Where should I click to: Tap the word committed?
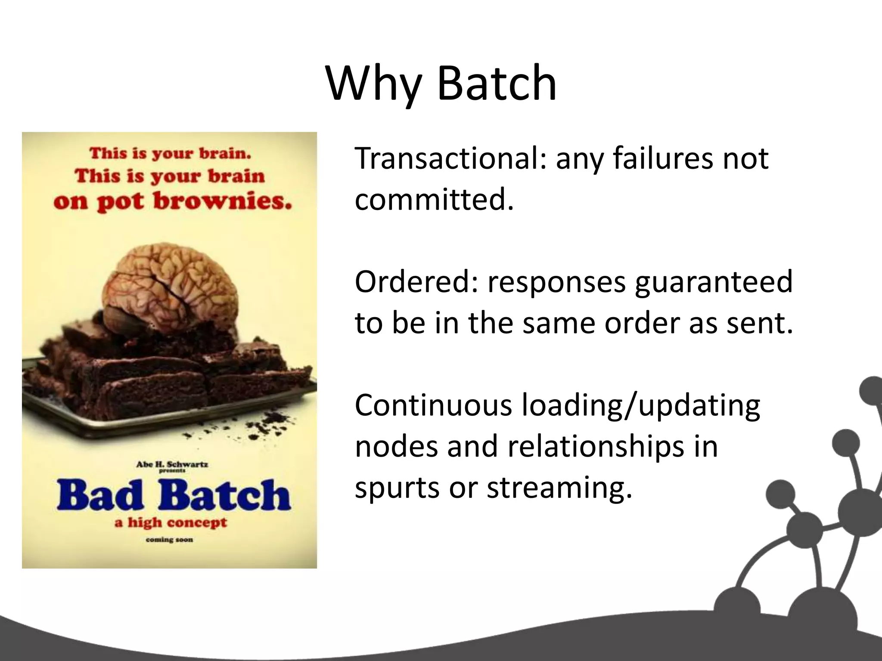pos(434,200)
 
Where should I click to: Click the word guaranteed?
pos(714,282)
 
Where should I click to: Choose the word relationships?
pos(596,447)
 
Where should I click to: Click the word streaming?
pos(559,488)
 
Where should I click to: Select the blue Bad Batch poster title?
pos(173,495)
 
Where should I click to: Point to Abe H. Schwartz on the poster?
pos(172,464)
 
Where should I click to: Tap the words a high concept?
pos(171,523)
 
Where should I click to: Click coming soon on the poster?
pos(169,540)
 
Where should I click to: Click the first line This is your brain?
pos(170,153)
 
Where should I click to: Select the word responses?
pos(556,282)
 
